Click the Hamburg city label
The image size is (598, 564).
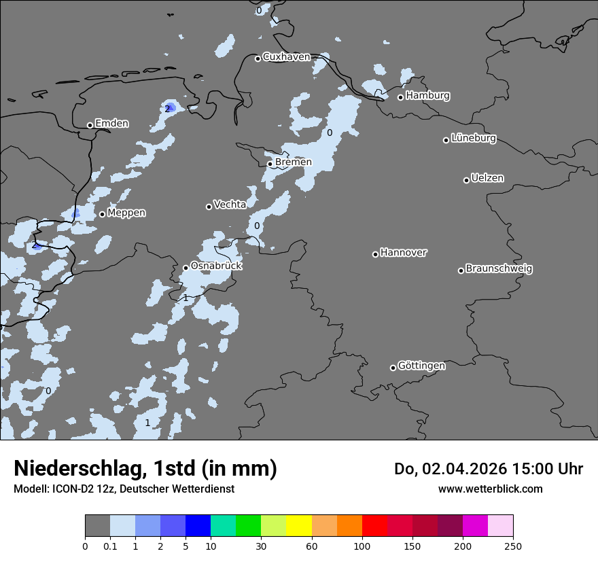[427, 96]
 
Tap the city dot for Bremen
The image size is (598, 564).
[270, 164]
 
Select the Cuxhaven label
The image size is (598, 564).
[286, 57]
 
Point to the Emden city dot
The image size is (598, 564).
[90, 125]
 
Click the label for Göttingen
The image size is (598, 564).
[421, 366]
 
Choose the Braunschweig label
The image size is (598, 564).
[499, 269]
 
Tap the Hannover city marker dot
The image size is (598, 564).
[375, 254]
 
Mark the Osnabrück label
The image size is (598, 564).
[216, 266]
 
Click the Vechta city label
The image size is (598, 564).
[230, 205]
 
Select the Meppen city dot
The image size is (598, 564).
[102, 214]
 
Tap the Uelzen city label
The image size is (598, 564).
[487, 179]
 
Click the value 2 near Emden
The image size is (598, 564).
[167, 109]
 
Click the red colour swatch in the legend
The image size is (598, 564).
[374, 526]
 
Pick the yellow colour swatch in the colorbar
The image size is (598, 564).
[298, 526]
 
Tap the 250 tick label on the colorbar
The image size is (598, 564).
[513, 546]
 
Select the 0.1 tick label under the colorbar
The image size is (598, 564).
[110, 546]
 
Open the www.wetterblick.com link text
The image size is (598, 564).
[490, 489]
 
